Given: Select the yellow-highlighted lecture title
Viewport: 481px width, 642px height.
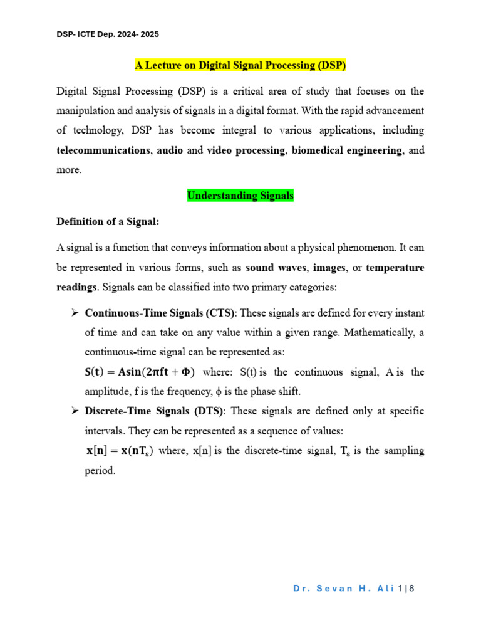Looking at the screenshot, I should (x=240, y=65).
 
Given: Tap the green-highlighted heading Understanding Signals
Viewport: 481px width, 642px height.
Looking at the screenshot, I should (x=240, y=196).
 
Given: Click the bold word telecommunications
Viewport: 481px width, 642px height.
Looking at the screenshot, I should (x=103, y=150).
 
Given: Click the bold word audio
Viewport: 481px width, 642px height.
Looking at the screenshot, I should (x=170, y=150).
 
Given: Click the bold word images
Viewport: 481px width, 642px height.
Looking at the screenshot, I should (x=329, y=268).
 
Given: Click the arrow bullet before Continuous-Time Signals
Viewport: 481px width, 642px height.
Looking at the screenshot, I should (x=74, y=313).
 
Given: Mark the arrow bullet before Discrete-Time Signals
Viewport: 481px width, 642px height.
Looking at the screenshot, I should (x=74, y=411).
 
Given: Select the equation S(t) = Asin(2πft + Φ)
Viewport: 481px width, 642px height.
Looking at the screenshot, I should (x=140, y=372).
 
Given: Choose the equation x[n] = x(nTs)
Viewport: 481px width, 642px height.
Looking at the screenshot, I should (x=120, y=451).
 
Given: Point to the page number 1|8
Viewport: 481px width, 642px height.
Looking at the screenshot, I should (x=406, y=589).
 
